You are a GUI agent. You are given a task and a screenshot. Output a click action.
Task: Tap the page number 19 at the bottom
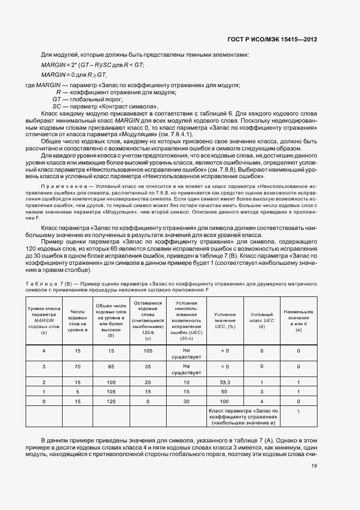pyautogui.click(x=314, y=465)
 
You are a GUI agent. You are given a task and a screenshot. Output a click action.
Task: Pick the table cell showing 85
pyautogui.click(x=111, y=367)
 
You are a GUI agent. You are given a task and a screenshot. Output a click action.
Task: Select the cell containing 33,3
pyautogui.click(x=225, y=382)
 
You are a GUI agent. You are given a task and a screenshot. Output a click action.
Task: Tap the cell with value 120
pyautogui.click(x=111, y=401)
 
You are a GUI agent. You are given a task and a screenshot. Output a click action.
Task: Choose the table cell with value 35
pyautogui.click(x=148, y=367)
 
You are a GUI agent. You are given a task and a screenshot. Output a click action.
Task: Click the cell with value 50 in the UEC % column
pyautogui.click(x=225, y=392)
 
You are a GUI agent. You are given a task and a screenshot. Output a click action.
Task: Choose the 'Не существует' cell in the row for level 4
pyautogui.click(x=186, y=353)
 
